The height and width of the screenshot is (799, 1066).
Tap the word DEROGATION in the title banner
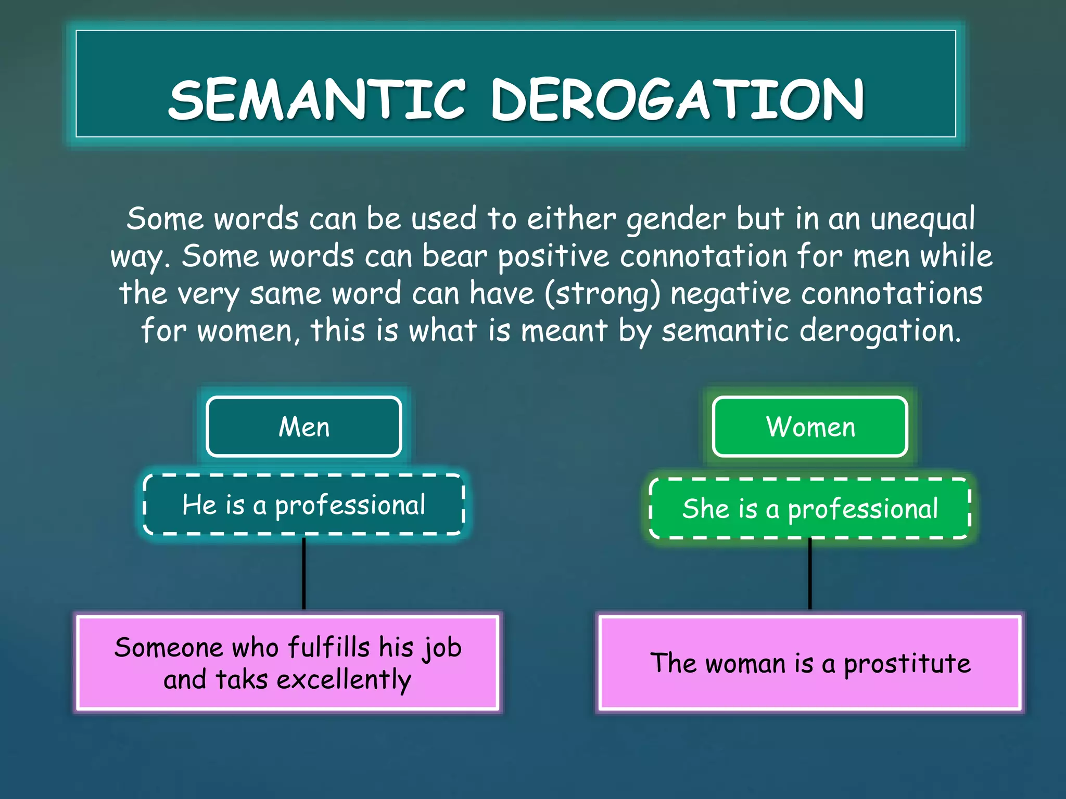click(678, 100)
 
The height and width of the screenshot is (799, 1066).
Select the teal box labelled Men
click(304, 427)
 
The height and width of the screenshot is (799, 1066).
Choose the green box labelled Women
click(810, 427)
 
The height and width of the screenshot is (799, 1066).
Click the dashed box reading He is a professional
click(304, 505)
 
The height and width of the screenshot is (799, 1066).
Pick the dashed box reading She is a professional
click(810, 509)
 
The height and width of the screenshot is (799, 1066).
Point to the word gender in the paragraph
click(676, 220)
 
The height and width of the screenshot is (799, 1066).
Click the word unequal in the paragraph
click(922, 220)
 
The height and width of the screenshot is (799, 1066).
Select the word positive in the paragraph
click(553, 257)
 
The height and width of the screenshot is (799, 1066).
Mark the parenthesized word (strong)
click(602, 294)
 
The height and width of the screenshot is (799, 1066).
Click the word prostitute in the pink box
click(907, 664)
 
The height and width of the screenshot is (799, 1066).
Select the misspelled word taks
click(242, 679)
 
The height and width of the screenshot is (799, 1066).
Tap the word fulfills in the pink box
click(328, 648)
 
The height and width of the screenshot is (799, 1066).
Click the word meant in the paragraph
click(564, 331)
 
